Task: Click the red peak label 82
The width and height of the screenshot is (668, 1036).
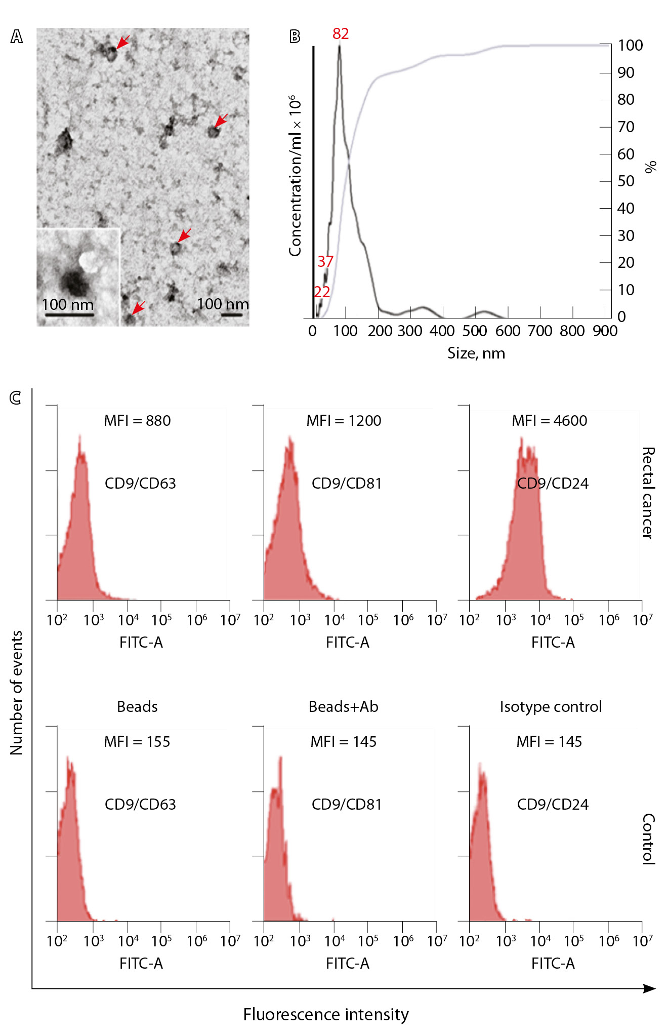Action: (341, 34)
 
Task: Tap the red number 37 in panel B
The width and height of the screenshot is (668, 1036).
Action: (325, 261)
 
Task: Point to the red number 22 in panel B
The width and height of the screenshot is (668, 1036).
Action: (322, 292)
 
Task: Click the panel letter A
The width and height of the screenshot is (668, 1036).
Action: (17, 37)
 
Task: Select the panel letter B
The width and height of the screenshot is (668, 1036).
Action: (295, 36)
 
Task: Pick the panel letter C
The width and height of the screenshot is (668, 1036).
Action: (16, 398)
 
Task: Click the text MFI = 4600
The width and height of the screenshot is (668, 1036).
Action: (549, 421)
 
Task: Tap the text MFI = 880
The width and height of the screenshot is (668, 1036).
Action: (137, 421)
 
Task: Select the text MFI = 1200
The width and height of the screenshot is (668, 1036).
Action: (344, 421)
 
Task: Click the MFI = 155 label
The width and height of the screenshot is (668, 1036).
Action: (137, 742)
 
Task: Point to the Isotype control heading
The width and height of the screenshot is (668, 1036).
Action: (551, 706)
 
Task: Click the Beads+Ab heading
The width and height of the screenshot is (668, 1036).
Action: (344, 706)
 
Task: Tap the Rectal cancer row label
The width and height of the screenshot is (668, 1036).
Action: (648, 493)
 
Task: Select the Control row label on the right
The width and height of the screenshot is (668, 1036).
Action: (648, 839)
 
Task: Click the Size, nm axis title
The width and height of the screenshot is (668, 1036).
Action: (476, 353)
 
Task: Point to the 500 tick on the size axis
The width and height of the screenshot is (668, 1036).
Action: (475, 331)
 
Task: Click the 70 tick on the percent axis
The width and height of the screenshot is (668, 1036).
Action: (626, 127)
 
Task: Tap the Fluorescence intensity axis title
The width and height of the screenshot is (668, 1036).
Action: (326, 1015)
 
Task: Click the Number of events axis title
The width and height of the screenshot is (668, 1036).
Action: (17, 693)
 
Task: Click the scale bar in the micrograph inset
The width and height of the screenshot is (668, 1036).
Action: (69, 315)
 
